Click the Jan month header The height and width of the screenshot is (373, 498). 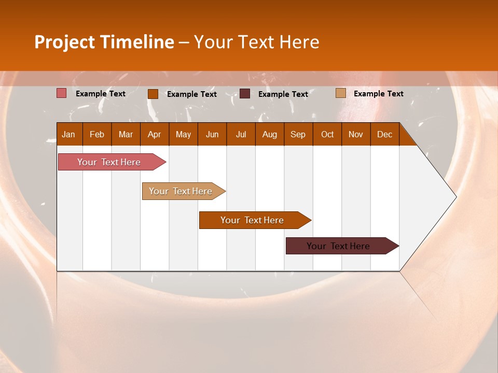pos(68,134)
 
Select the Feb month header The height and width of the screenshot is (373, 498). pos(97,134)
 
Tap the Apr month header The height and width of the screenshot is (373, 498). pos(155,134)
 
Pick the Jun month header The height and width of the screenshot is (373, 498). pos(212,134)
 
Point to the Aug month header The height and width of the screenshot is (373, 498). pos(270,134)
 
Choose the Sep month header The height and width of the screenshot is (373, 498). pos(298,134)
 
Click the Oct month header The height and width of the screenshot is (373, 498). pos(327,134)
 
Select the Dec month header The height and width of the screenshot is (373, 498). pos(385,134)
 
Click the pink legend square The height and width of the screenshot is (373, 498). pos(62,93)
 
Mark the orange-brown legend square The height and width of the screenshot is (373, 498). pos(153,94)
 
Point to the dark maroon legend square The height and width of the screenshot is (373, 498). pos(245,94)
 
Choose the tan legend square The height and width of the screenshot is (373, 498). pos(341,93)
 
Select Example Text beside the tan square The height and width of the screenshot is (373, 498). pos(378,94)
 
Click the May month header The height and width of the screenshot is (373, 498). pos(183,134)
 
